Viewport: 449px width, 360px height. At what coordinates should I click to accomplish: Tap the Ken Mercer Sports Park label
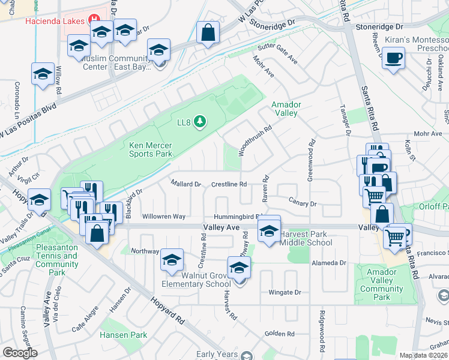(151, 149)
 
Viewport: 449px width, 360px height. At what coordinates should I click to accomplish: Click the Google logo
(20, 352)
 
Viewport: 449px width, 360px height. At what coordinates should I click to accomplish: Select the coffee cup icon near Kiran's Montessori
(393, 59)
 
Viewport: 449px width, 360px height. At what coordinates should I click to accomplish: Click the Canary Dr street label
(303, 204)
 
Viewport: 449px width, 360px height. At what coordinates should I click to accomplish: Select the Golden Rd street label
(280, 334)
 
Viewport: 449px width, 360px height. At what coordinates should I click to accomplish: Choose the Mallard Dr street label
(185, 184)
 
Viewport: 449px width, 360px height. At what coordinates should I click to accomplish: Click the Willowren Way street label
(163, 216)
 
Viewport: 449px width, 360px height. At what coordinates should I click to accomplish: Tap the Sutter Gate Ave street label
(277, 53)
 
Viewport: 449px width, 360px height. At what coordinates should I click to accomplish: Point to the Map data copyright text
(424, 355)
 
